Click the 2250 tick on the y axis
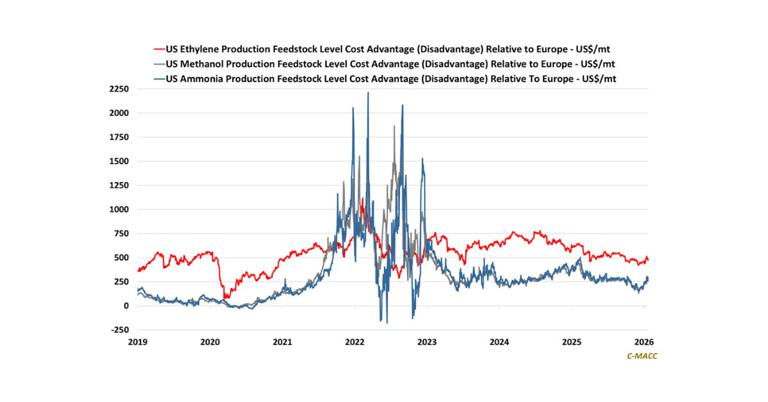coord(120,88)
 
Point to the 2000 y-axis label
coord(120,113)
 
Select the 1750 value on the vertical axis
coord(120,137)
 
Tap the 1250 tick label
coord(120,185)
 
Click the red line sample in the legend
coord(158,49)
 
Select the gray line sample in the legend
coord(158,63)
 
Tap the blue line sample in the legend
coord(158,78)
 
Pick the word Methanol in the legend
coord(204,63)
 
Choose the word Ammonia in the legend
coord(204,78)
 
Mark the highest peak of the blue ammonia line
coord(367,93)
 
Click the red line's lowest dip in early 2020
coord(225,298)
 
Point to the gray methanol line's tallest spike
coord(394,126)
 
